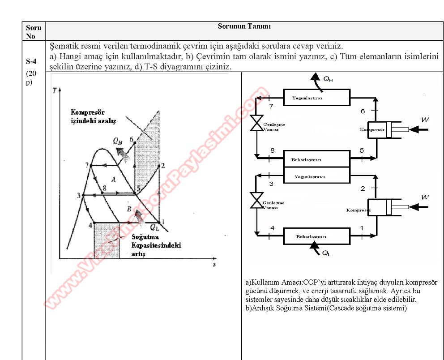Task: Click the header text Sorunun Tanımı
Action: pyautogui.click(x=244, y=26)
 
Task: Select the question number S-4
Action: pyautogui.click(x=31, y=60)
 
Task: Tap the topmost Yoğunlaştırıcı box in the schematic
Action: pyautogui.click(x=316, y=97)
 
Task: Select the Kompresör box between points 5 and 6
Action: pyautogui.click(x=379, y=129)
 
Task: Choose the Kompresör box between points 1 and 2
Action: pyautogui.click(x=379, y=208)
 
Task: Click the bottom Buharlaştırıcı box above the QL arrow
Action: pyautogui.click(x=316, y=236)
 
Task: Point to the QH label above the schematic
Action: pyautogui.click(x=328, y=80)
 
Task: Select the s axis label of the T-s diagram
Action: pyautogui.click(x=215, y=264)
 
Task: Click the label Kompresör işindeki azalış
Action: pyautogui.click(x=93, y=117)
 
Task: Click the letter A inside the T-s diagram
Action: pyautogui.click(x=114, y=180)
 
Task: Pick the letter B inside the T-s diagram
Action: pyautogui.click(x=129, y=209)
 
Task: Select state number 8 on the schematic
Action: pyautogui.click(x=272, y=150)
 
